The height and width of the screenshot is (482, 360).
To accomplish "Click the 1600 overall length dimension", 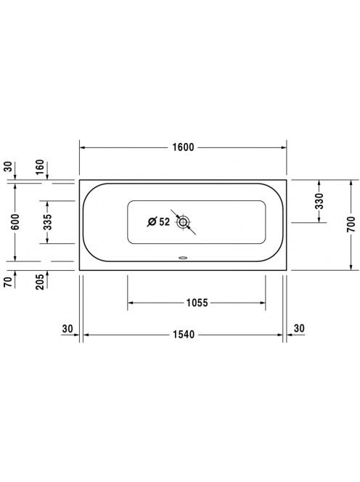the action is (x=183, y=147).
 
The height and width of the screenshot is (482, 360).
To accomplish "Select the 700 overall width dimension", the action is (x=351, y=224).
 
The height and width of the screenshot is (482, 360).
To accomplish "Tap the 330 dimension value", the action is (x=319, y=201).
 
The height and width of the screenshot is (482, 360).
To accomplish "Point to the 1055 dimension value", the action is (x=197, y=303).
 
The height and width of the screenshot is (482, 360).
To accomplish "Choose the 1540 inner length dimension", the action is (x=184, y=335).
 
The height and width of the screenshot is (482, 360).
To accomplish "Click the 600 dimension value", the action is (x=15, y=222).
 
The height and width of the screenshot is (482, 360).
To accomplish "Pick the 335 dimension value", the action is (x=48, y=222).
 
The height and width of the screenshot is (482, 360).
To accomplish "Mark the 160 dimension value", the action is (x=40, y=167).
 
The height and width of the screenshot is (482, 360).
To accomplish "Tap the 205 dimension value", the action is (x=40, y=282).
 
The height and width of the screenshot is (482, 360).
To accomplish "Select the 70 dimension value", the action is (x=8, y=282).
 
